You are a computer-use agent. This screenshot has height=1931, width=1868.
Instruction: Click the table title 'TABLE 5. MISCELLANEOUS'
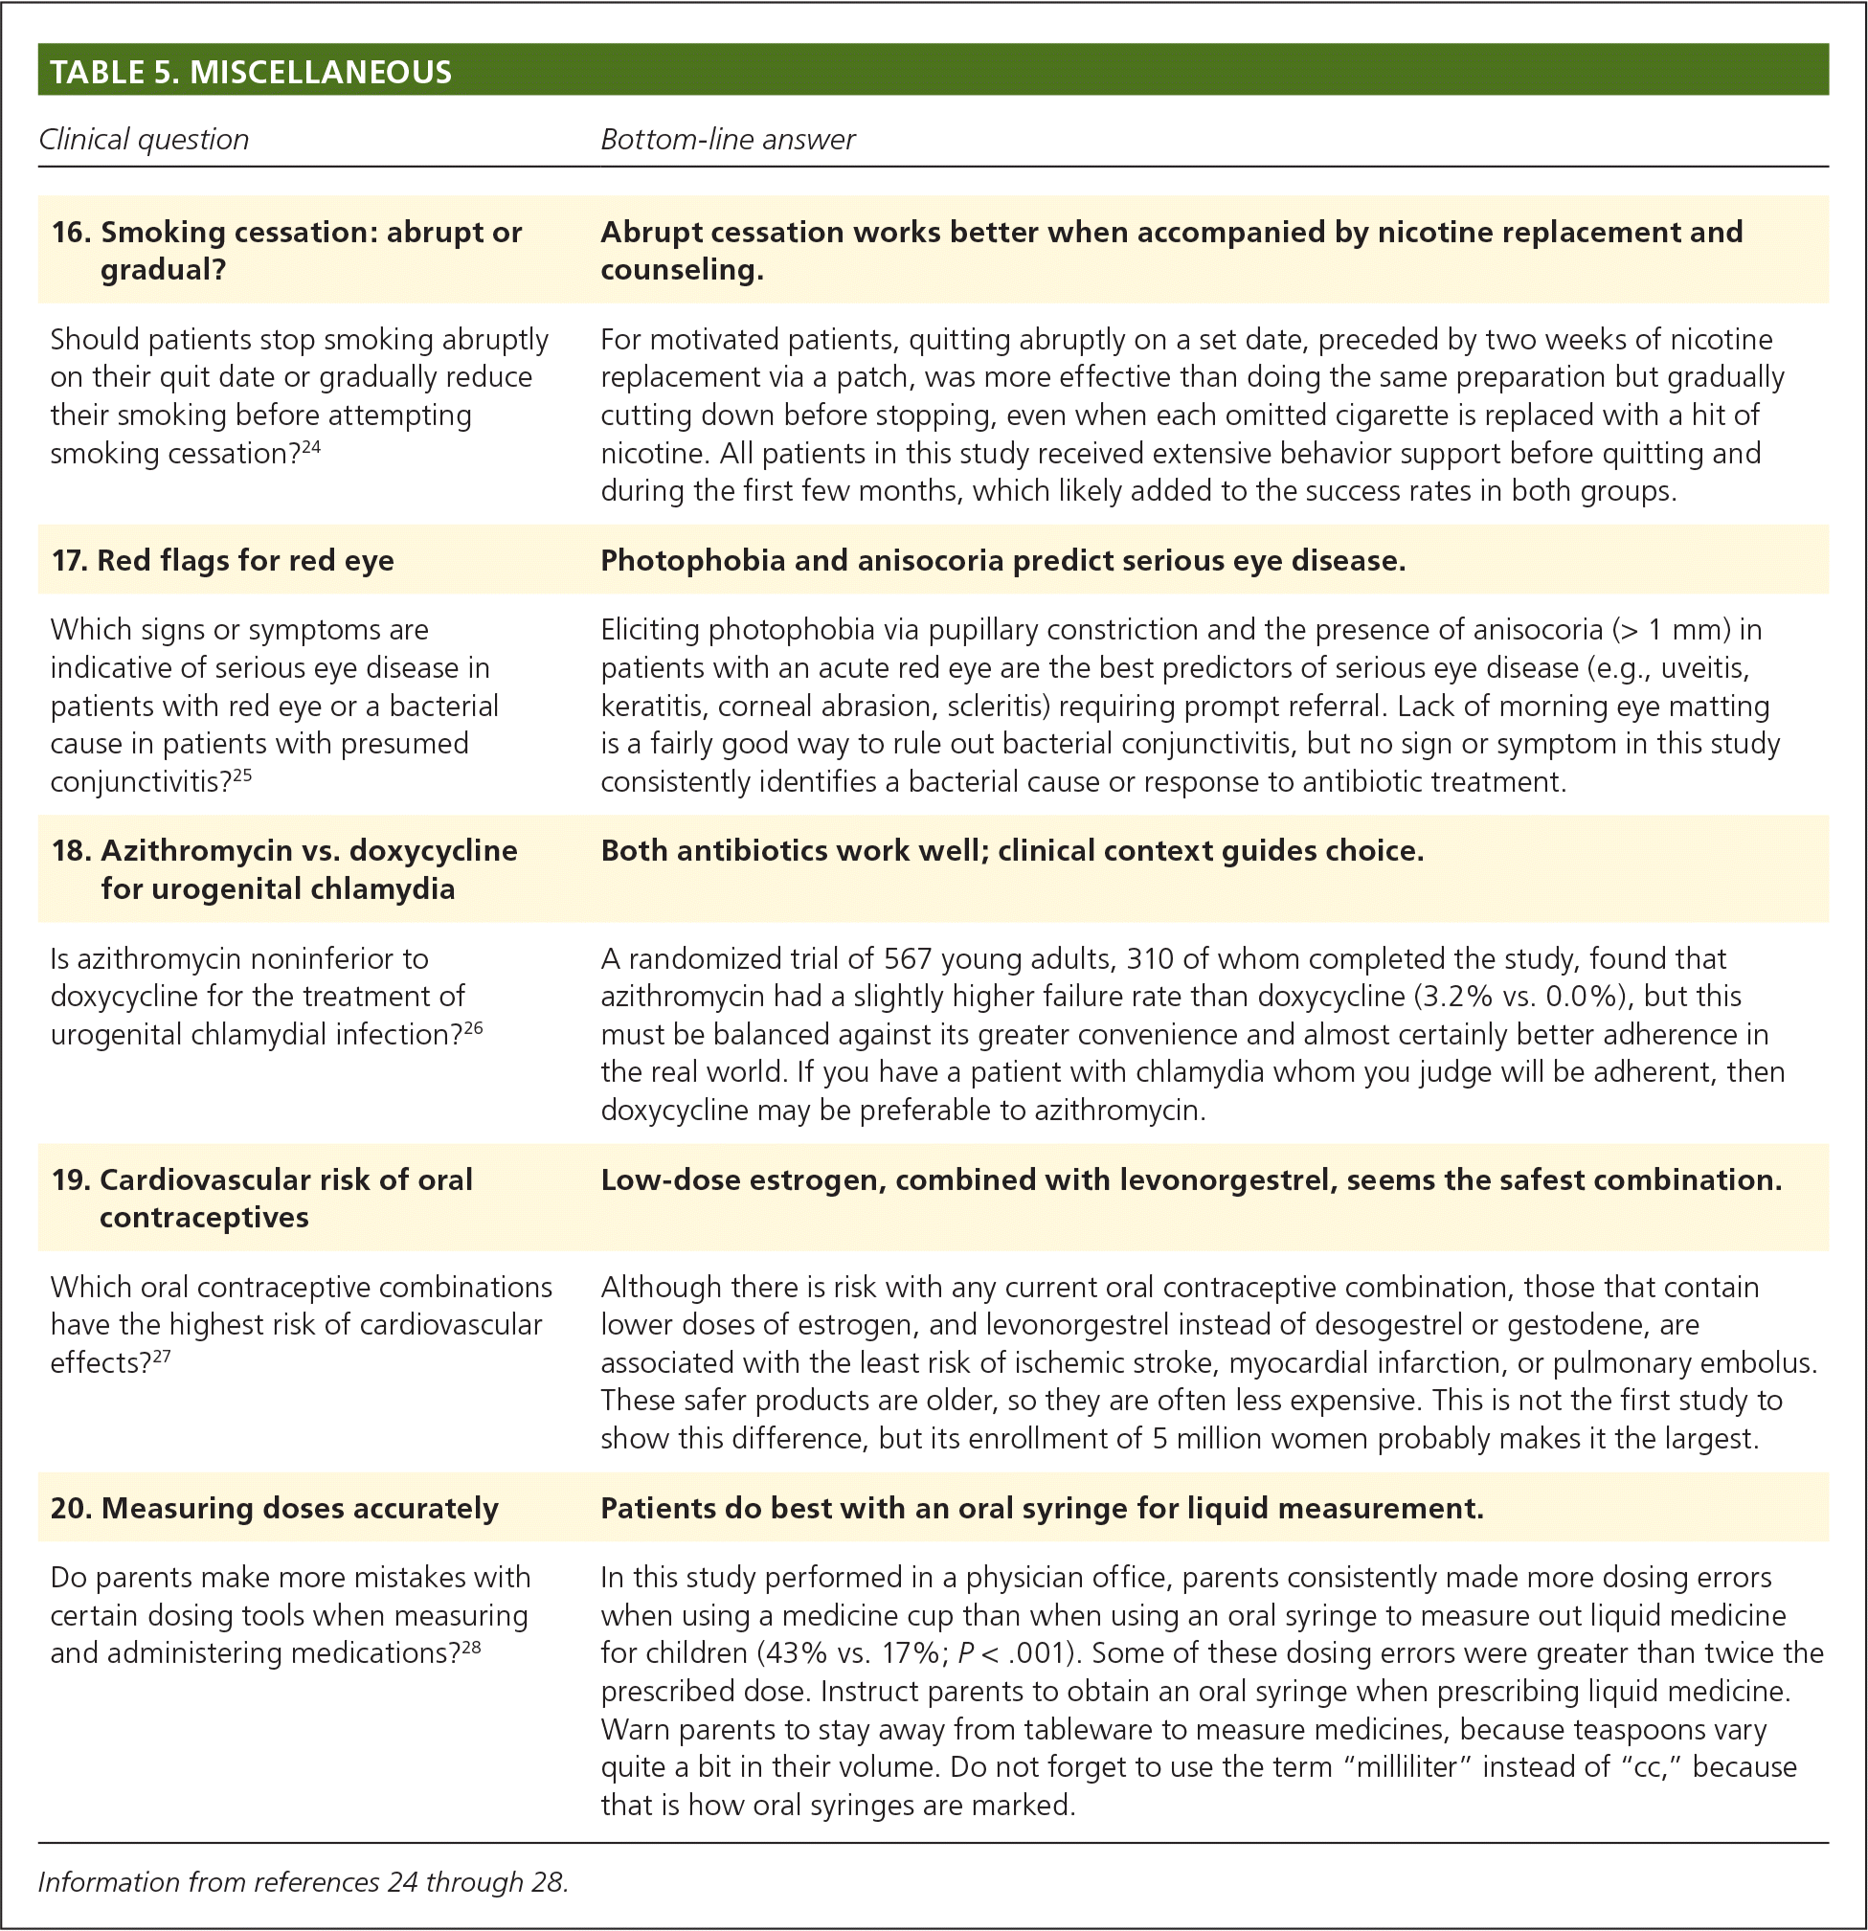pyautogui.click(x=250, y=72)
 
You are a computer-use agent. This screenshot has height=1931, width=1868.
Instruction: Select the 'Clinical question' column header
pyautogui.click(x=144, y=140)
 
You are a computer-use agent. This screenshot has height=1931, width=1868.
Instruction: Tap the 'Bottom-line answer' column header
pyautogui.click(x=727, y=140)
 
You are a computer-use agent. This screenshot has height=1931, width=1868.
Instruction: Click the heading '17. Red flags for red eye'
pyautogui.click(x=223, y=561)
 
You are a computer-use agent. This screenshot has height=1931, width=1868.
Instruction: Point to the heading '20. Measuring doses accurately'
pyautogui.click(x=275, y=1509)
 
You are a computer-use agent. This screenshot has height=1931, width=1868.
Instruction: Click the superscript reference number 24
pyautogui.click(x=310, y=447)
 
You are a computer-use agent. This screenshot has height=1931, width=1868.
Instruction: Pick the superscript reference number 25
pyautogui.click(x=241, y=775)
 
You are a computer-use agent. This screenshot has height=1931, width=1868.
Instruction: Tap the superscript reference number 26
pyautogui.click(x=473, y=1028)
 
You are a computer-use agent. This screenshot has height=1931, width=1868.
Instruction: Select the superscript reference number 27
pyautogui.click(x=161, y=1357)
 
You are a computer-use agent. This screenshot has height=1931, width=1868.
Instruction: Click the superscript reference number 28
pyautogui.click(x=471, y=1647)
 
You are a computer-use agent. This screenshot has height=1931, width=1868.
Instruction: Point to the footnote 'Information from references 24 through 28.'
pyautogui.click(x=304, y=1883)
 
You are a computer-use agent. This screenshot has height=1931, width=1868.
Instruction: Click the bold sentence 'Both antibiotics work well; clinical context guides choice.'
pyautogui.click(x=1012, y=850)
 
